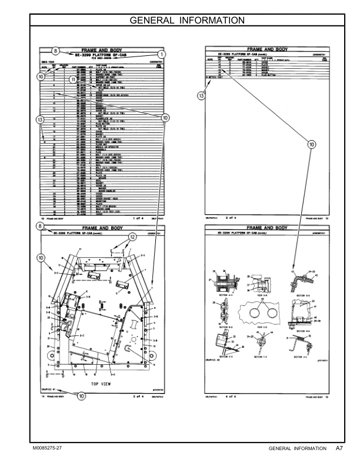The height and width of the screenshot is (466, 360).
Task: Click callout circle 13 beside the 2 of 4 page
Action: (x=201, y=95)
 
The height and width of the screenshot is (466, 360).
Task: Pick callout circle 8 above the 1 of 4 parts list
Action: (x=55, y=50)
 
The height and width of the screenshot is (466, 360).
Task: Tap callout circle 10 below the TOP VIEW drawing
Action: (x=81, y=397)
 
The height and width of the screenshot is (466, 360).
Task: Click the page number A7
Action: (x=339, y=448)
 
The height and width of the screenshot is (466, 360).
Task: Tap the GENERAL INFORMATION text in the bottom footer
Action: (x=297, y=448)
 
